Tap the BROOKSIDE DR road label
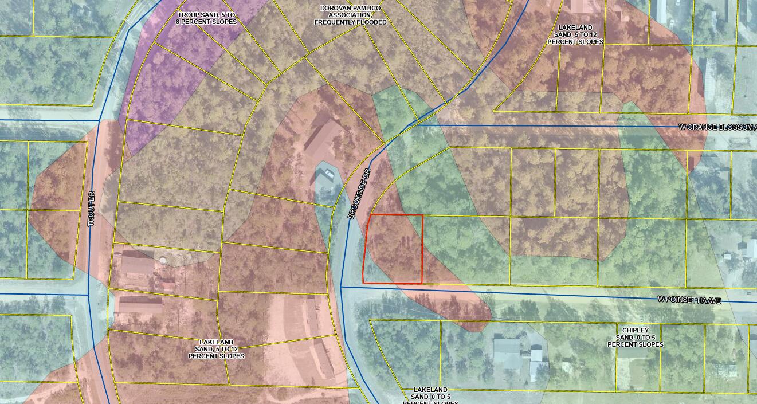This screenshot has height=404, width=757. pyautogui.click(x=359, y=194)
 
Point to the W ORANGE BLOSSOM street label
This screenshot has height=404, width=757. pyautogui.click(x=717, y=127)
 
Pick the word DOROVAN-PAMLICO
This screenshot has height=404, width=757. pyautogui.click(x=350, y=8)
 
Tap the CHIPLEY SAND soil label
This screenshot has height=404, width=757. pyautogui.click(x=635, y=338)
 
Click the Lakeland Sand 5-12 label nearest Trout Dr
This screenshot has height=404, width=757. pyautogui.click(x=216, y=348)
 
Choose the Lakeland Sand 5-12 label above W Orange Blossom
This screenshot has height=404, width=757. pyautogui.click(x=575, y=34)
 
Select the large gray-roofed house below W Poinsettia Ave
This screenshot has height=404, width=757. pyautogui.click(x=508, y=352)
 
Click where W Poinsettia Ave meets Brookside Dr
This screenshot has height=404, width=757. pyautogui.click(x=341, y=287)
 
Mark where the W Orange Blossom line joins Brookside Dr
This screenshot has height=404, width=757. pyautogui.click(x=408, y=125)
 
